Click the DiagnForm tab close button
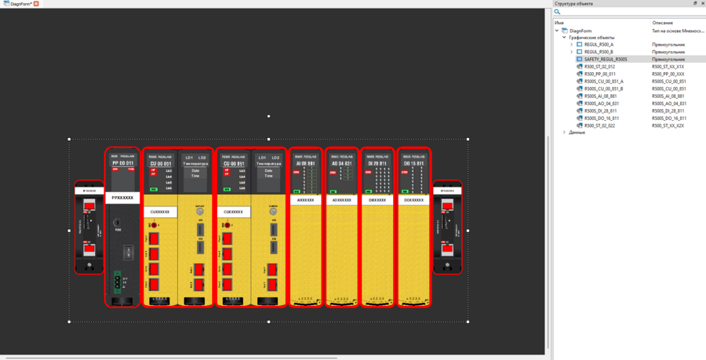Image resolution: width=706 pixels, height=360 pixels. click(36, 4)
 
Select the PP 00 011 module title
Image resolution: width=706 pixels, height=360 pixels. click(122, 163)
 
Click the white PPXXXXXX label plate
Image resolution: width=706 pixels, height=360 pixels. click(122, 198)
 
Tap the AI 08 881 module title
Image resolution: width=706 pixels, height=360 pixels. click(305, 163)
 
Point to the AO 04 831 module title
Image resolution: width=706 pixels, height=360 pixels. click(342, 163)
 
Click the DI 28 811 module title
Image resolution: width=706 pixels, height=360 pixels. click(377, 163)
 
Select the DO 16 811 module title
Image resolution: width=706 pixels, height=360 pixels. click(413, 163)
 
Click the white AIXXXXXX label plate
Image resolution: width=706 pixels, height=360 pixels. click(305, 200)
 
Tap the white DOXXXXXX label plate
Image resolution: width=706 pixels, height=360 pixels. click(413, 200)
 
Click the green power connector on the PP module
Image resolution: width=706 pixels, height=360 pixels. click(118, 280)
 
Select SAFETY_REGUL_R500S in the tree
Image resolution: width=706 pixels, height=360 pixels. click(606, 60)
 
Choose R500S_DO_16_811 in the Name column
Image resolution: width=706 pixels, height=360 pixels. click(602, 118)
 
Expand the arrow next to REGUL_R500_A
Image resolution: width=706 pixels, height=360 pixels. click(572, 45)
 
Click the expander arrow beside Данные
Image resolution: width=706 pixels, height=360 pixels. click(564, 133)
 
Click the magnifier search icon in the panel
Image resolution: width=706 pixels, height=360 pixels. click(558, 12)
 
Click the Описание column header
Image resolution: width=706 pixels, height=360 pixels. click(662, 23)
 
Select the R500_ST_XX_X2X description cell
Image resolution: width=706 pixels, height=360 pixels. click(668, 125)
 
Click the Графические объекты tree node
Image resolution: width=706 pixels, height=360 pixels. click(591, 38)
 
